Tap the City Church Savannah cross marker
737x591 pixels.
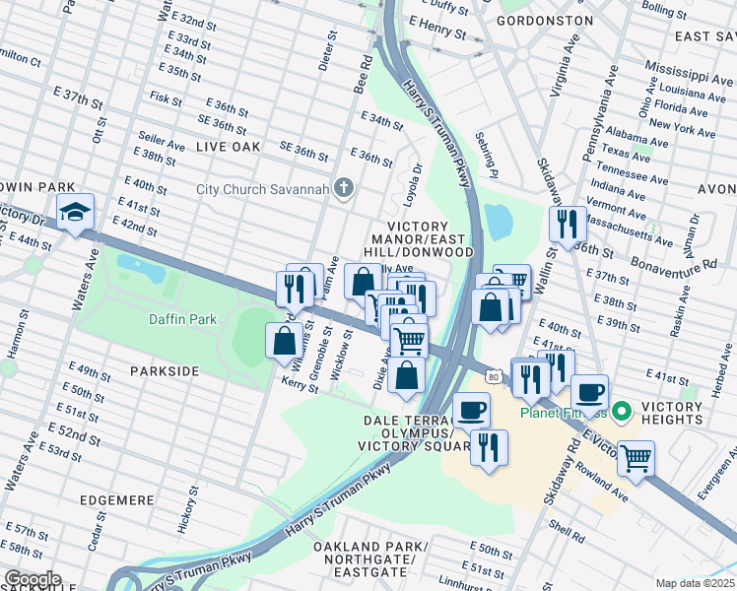[x=344, y=188]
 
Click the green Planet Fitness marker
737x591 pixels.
[x=622, y=411]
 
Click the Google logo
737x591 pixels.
[x=32, y=579]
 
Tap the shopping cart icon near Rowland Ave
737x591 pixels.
[x=636, y=457]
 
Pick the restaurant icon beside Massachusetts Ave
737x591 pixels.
[x=567, y=224]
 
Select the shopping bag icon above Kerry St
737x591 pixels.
[x=284, y=340]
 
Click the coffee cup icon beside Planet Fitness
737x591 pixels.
[x=589, y=392]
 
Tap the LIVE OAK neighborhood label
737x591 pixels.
[x=228, y=146]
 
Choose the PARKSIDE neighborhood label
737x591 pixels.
[x=164, y=371]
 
